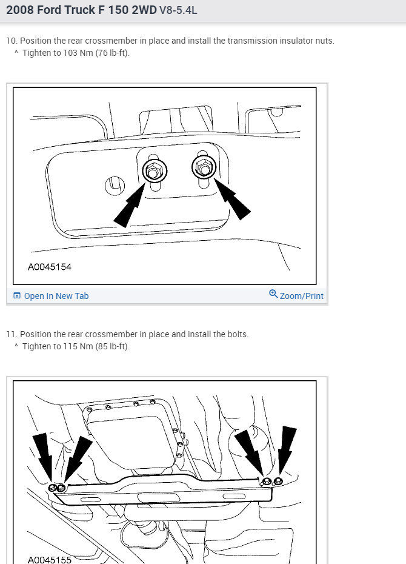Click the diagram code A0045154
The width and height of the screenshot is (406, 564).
[50, 267]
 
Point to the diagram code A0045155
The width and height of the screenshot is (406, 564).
[50, 559]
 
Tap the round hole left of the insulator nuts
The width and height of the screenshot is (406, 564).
[114, 184]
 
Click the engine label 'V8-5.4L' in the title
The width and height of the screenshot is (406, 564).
[178, 10]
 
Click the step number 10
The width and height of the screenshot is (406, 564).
[11, 41]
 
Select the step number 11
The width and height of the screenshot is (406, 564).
[11, 334]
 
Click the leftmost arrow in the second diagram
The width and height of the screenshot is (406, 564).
[43, 455]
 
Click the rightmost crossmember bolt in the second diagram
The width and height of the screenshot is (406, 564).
[278, 481]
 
